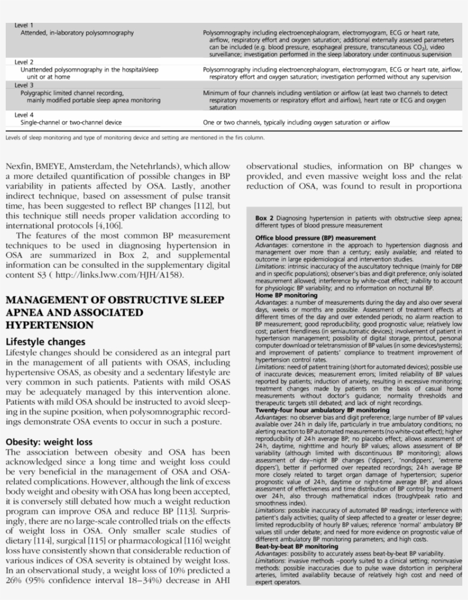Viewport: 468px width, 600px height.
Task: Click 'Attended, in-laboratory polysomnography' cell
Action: (x=77, y=33)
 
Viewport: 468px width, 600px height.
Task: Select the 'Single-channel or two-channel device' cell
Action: (x=71, y=122)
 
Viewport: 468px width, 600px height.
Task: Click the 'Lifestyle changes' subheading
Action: (x=45, y=342)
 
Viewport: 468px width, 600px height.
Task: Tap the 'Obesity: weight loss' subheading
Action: (x=50, y=441)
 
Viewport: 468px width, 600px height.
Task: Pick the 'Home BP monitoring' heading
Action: (x=283, y=296)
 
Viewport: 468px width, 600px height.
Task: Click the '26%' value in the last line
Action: (x=14, y=581)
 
